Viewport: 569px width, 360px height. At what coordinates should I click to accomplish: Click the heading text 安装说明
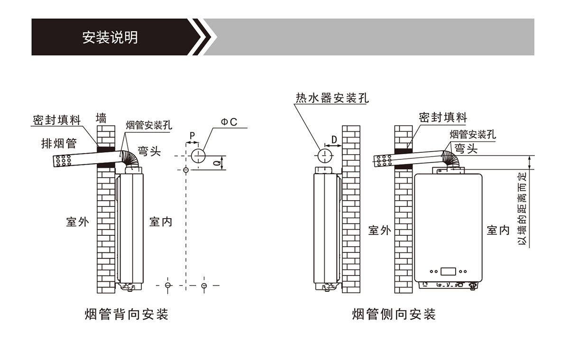(x=110, y=37)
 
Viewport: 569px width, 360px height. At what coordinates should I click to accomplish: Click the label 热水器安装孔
(x=332, y=98)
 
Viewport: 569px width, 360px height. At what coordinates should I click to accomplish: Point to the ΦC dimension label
(x=229, y=122)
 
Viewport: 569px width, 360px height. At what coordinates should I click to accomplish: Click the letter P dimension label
(x=192, y=136)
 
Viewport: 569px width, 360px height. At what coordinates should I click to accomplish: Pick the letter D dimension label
(x=334, y=139)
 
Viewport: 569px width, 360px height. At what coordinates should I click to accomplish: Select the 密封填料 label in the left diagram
(x=57, y=120)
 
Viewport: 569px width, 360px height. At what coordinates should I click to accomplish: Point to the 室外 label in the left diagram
(x=77, y=222)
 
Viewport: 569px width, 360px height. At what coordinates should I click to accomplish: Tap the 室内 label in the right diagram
(x=498, y=231)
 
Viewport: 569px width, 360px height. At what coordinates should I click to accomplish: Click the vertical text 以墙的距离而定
(x=522, y=209)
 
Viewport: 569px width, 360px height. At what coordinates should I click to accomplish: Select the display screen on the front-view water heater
(x=448, y=272)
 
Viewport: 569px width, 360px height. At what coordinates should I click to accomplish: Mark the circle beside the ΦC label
(x=198, y=156)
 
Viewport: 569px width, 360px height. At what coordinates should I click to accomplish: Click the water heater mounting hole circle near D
(x=324, y=155)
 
